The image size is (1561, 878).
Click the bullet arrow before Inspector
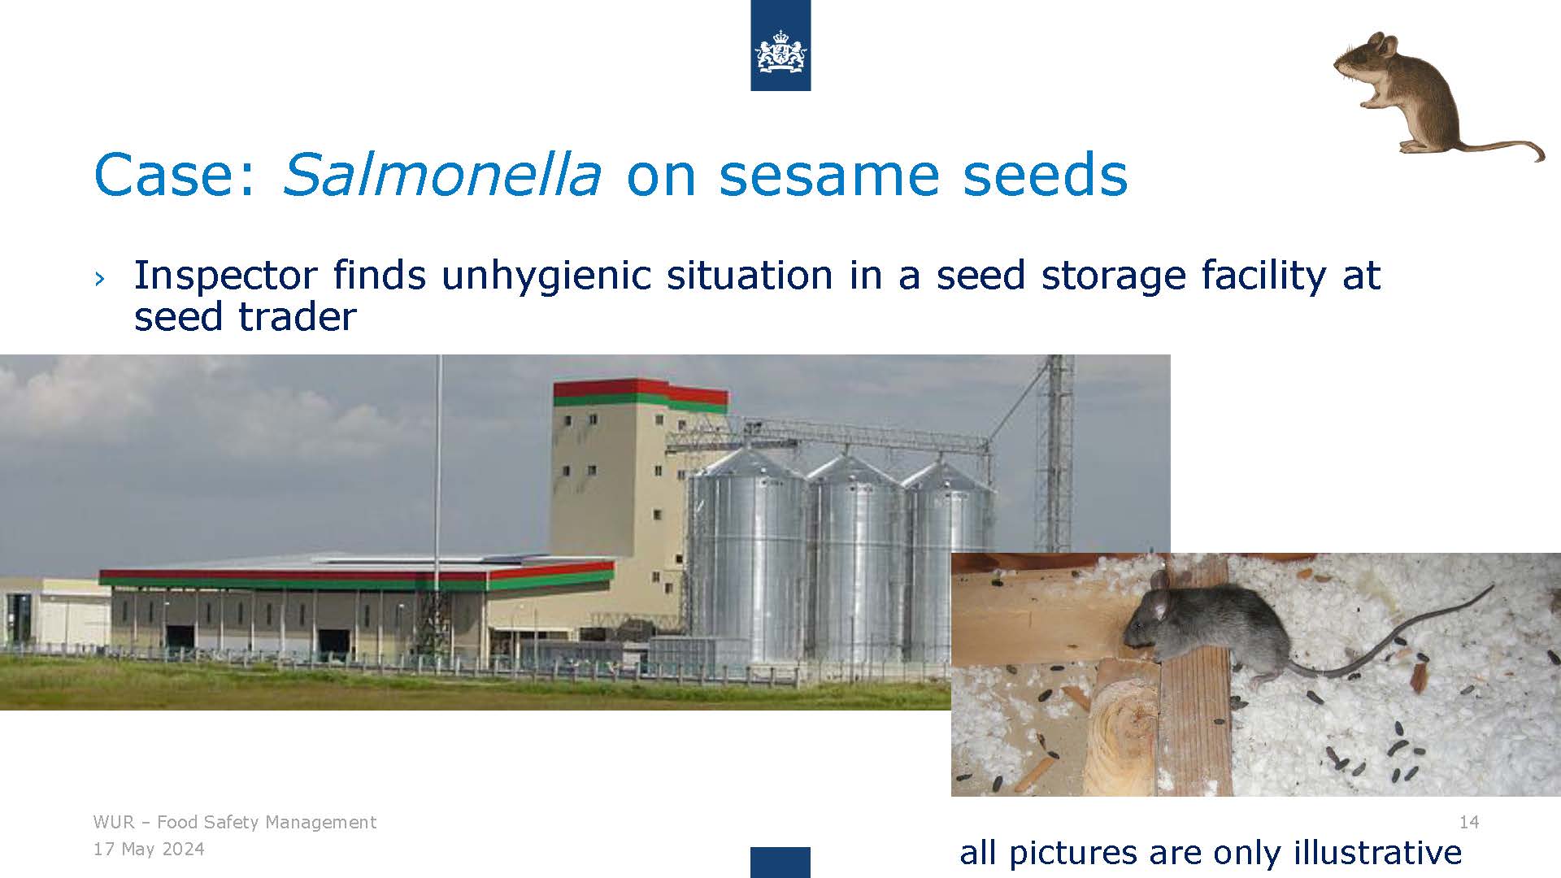(99, 278)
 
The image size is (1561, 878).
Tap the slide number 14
(1469, 822)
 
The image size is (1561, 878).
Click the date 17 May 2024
(149, 850)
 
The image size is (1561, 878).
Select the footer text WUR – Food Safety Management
(235, 822)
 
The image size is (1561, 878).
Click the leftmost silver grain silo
(746, 561)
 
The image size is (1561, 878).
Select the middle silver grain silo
(855, 561)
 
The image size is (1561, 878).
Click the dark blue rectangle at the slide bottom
(780, 862)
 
